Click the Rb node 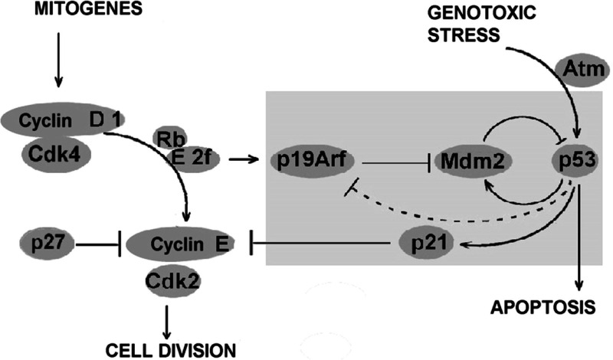tap(172, 139)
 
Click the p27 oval tap(48, 245)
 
